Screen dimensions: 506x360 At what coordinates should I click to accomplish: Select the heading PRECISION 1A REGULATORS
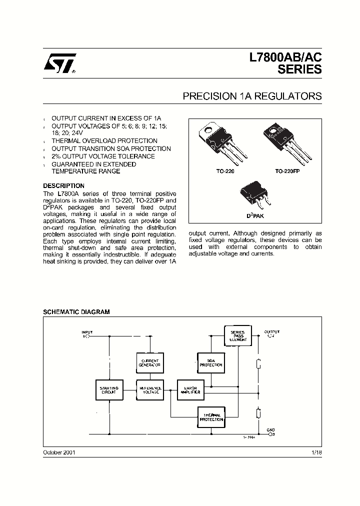click(x=252, y=96)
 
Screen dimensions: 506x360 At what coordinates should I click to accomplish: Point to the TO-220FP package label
click(x=288, y=171)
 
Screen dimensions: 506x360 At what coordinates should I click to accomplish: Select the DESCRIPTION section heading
click(x=63, y=186)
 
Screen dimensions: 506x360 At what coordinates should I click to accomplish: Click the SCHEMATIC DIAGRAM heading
click(x=76, y=311)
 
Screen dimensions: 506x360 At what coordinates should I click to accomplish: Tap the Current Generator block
click(x=150, y=363)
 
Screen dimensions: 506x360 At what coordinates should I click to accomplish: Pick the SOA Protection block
click(x=210, y=363)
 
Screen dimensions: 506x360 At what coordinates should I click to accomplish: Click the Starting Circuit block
click(x=109, y=390)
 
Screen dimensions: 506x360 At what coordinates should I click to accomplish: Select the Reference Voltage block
click(x=150, y=390)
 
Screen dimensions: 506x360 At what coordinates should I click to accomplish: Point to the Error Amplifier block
click(x=190, y=390)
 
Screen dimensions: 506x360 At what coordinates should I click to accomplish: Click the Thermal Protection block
click(x=211, y=417)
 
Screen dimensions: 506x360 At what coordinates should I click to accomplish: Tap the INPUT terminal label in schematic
click(x=87, y=332)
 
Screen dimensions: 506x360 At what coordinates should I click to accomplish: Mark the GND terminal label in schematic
click(x=270, y=430)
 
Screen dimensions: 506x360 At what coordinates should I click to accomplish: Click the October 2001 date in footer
click(x=59, y=452)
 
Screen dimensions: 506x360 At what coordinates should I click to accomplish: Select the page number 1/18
click(x=316, y=452)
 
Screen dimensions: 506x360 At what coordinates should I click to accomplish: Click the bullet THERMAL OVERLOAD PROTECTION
click(x=104, y=141)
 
